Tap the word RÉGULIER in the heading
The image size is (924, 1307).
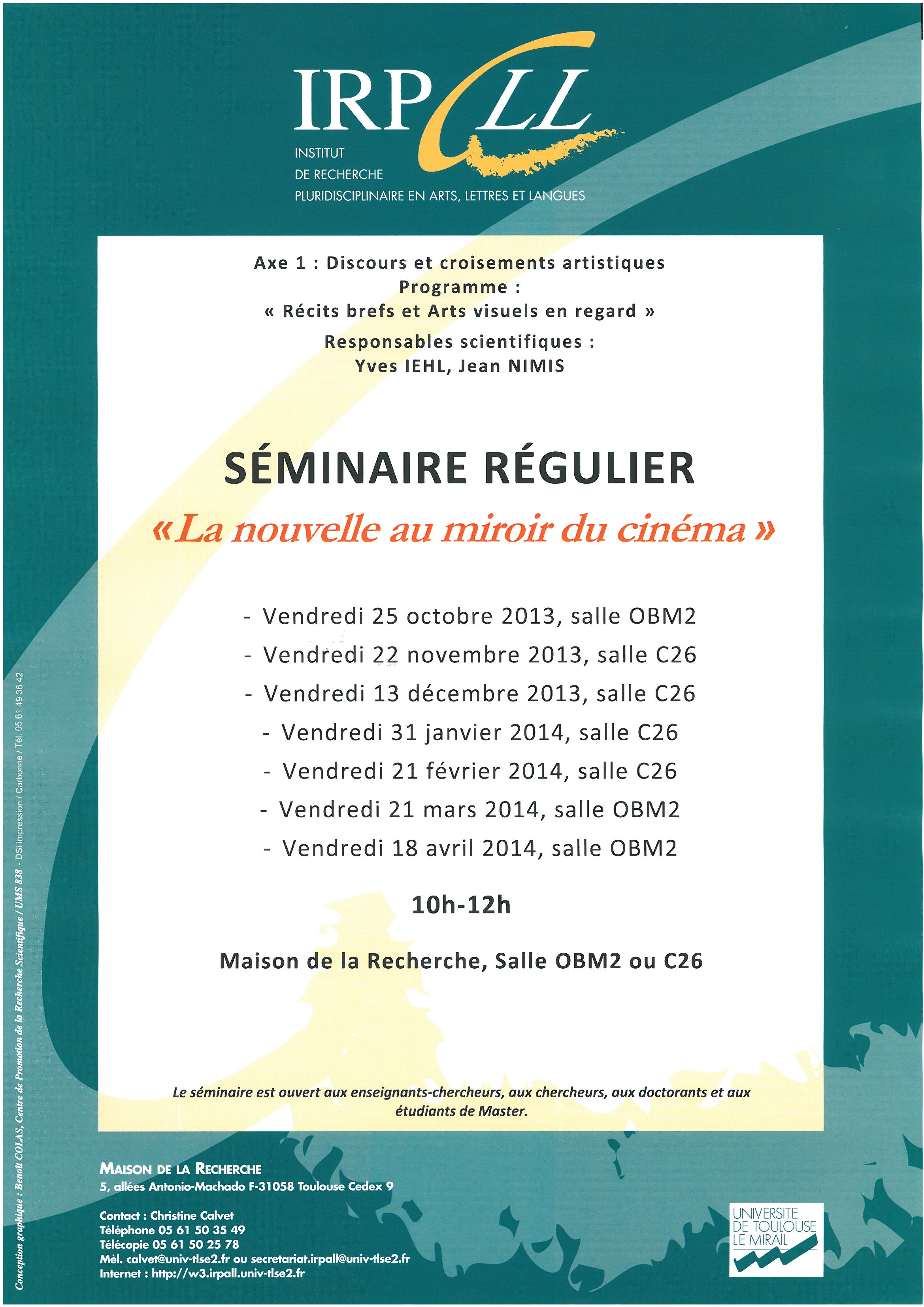pyautogui.click(x=589, y=468)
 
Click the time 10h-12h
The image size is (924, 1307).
pyautogui.click(x=461, y=905)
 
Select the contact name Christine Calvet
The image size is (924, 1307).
pyautogui.click(x=191, y=1215)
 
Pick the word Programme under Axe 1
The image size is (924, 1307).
pyautogui.click(x=453, y=287)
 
